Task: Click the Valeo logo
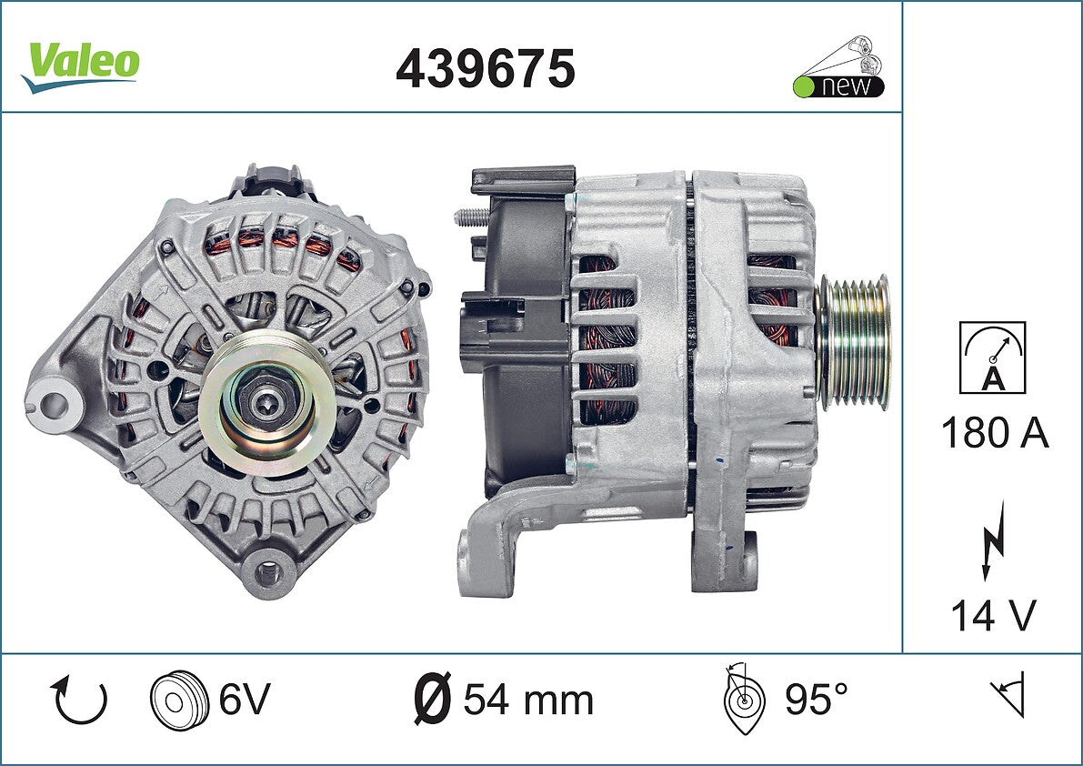[81, 66]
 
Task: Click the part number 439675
[486, 68]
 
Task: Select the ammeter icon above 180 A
[992, 358]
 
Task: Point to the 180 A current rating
[995, 433]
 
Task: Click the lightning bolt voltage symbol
[992, 541]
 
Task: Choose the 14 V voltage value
[994, 615]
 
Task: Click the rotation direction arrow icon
[79, 700]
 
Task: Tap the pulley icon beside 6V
[179, 699]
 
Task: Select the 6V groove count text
[245, 699]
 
